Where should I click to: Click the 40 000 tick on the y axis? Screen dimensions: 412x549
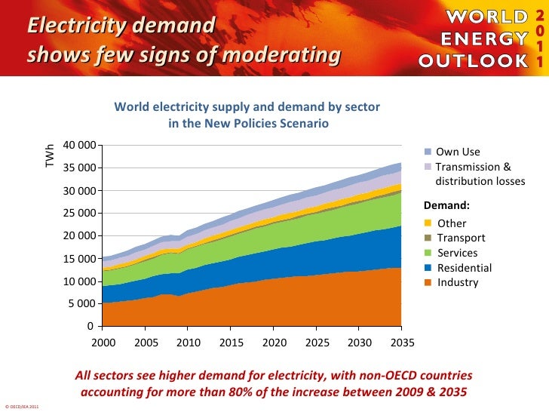click(79, 145)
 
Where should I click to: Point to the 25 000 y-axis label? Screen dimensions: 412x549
click(79, 214)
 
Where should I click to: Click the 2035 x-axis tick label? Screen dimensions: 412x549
click(402, 341)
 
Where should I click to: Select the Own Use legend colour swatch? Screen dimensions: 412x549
click(428, 152)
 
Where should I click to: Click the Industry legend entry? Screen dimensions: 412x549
click(458, 283)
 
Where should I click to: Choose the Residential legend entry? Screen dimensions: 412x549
click(464, 268)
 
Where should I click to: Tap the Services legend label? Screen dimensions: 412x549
click(458, 253)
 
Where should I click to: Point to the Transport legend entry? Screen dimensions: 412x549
click(461, 238)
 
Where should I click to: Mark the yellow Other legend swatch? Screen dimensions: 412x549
click(428, 223)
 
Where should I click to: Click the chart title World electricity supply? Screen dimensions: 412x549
click(247, 107)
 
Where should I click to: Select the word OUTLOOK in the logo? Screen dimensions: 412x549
click(474, 59)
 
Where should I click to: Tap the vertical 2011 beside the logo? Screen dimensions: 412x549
click(539, 38)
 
